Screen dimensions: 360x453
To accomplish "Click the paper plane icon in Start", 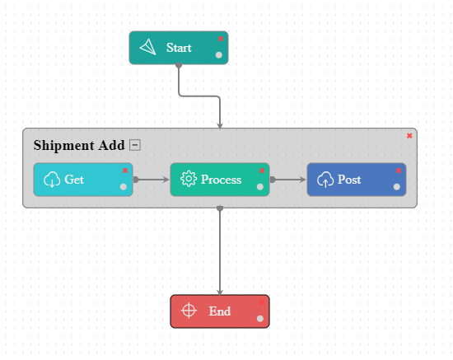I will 148,48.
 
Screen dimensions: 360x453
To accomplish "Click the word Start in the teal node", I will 179,48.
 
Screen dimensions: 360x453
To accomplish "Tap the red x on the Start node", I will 221,38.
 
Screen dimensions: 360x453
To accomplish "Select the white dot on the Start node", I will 219,55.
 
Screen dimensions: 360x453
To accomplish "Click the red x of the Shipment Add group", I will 409,135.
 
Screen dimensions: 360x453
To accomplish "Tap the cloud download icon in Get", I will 52,180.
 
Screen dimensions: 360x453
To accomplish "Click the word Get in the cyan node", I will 74,180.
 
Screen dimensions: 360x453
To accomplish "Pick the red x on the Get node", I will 125,171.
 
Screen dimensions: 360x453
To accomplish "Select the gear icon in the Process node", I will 189,180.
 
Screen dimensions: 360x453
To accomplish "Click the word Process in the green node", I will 222,180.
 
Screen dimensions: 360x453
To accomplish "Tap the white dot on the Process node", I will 260,187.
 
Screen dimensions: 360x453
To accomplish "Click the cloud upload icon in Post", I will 325,180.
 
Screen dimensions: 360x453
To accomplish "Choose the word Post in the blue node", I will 349,180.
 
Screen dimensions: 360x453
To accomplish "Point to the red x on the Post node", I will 399,171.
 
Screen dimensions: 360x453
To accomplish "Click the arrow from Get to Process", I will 152,179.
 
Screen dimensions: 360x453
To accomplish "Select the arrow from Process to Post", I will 288,179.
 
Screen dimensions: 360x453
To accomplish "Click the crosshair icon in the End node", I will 189,311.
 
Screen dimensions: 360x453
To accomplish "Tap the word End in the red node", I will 220,311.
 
